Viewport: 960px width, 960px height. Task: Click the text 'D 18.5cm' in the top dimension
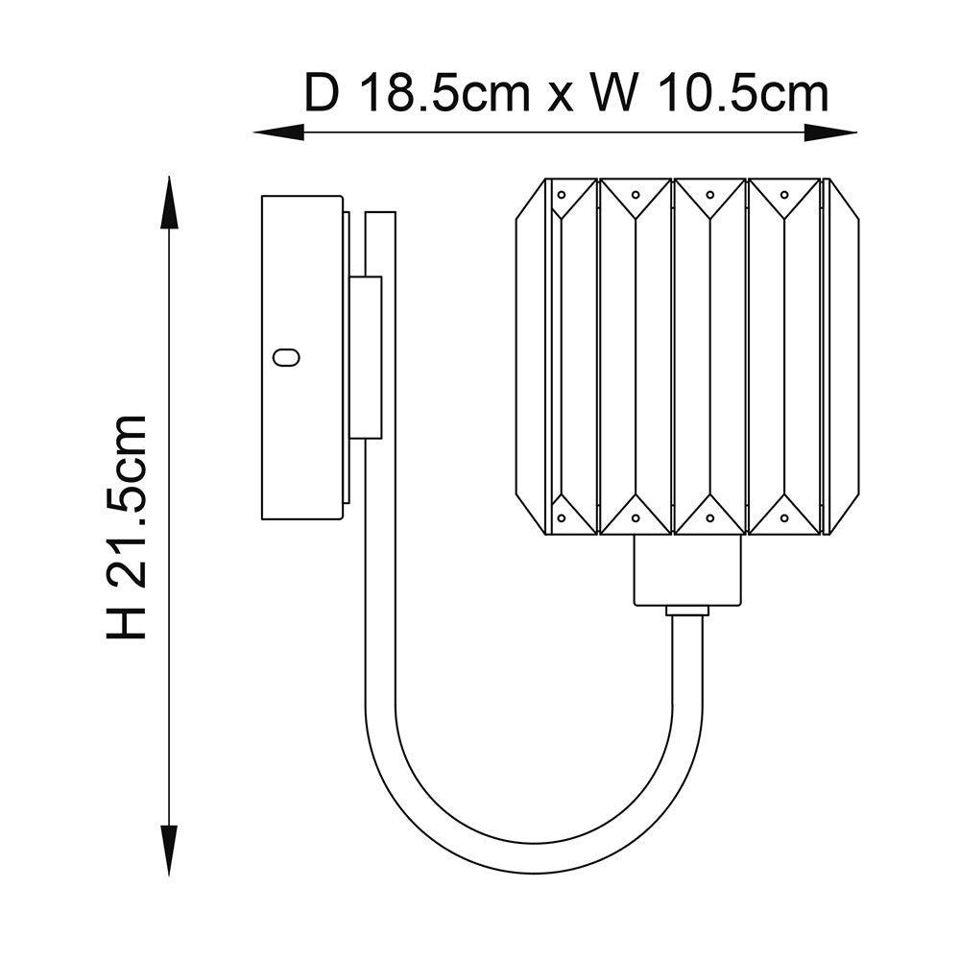[418, 94]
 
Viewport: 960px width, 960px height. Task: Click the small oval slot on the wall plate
[286, 357]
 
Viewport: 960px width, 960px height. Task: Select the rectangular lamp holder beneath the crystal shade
[688, 570]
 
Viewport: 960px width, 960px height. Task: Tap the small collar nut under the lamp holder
[687, 611]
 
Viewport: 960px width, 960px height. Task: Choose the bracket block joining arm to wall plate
[365, 357]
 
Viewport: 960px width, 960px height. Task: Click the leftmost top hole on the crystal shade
[560, 194]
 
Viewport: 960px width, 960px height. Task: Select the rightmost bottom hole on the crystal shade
[784, 518]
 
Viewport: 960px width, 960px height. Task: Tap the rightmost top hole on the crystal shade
[784, 194]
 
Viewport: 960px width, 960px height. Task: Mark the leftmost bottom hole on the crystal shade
[560, 518]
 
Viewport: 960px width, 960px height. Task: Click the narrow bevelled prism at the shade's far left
[531, 356]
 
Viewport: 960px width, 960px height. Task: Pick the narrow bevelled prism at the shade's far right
[843, 356]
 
